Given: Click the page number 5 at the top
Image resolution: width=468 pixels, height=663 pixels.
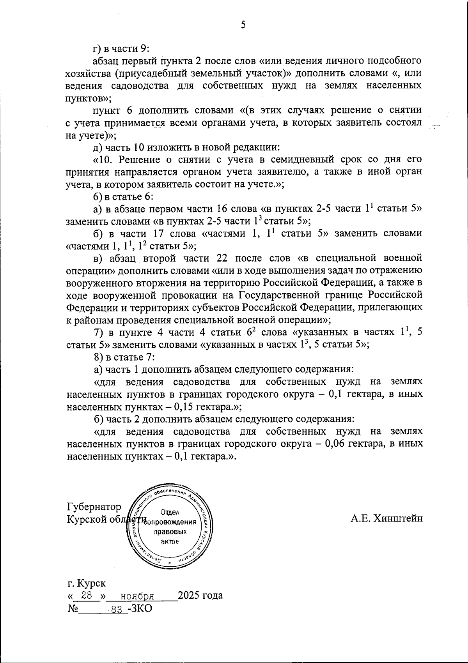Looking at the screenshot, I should tap(243, 25).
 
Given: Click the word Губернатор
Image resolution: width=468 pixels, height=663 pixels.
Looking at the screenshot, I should tap(94, 507).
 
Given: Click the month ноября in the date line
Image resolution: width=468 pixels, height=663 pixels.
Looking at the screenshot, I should tap(137, 596).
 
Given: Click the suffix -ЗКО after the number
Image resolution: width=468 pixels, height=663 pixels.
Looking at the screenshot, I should tap(140, 609).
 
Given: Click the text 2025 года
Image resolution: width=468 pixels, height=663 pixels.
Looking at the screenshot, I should tap(200, 596).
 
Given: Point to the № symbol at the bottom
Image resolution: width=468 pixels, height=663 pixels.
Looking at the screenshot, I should tap(72, 609).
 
